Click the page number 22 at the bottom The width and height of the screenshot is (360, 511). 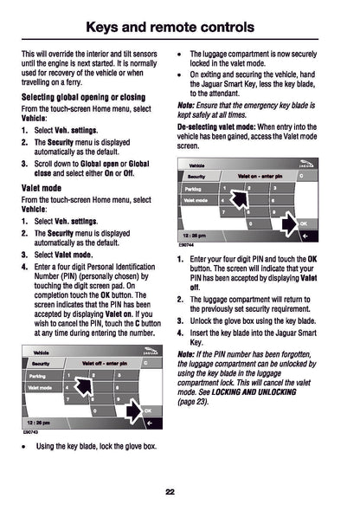point(179,492)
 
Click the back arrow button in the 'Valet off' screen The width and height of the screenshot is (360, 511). point(149,422)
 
